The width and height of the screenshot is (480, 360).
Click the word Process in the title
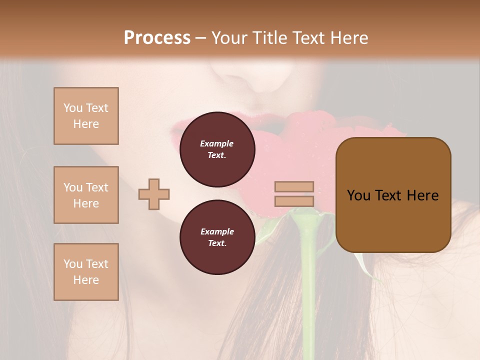click(157, 38)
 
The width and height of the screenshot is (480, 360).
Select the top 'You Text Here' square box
click(86, 116)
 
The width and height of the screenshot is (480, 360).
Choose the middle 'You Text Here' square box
click(86, 195)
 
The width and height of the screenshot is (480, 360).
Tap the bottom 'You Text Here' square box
click(86, 272)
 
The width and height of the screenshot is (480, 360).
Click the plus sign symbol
click(154, 194)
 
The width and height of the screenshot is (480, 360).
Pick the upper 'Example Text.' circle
click(217, 149)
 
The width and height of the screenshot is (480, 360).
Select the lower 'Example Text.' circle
click(217, 237)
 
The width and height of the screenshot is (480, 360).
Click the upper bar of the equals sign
click(294, 186)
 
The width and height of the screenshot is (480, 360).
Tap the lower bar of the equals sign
click(294, 201)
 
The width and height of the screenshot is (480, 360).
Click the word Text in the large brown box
click(389, 195)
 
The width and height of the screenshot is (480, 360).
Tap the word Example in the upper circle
click(217, 143)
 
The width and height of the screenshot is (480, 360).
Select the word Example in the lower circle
click(217, 231)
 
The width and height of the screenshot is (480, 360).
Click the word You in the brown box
click(359, 195)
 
